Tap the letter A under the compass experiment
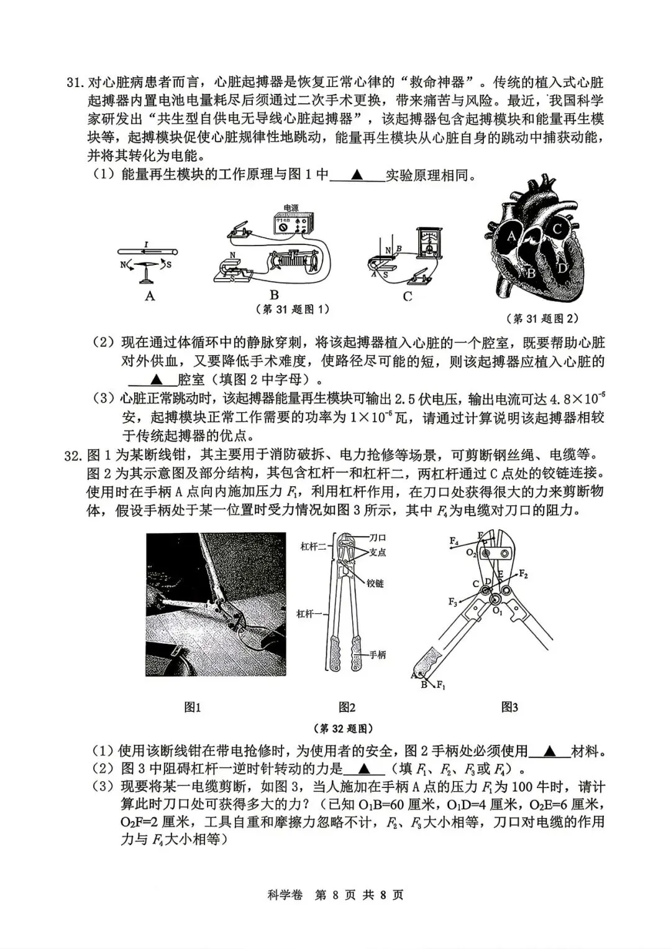tap(150, 296)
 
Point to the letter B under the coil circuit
tap(274, 295)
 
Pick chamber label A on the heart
tap(511, 236)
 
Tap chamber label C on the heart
tap(557, 229)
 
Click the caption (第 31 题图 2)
tap(544, 318)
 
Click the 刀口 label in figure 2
tap(378, 537)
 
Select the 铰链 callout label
tap(375, 583)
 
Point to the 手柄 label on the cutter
tap(377, 655)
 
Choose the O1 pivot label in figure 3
tap(497, 611)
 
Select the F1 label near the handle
tap(441, 685)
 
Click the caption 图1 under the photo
tap(193, 707)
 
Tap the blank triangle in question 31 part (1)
tap(357, 175)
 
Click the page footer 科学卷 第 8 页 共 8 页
tap(335, 895)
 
